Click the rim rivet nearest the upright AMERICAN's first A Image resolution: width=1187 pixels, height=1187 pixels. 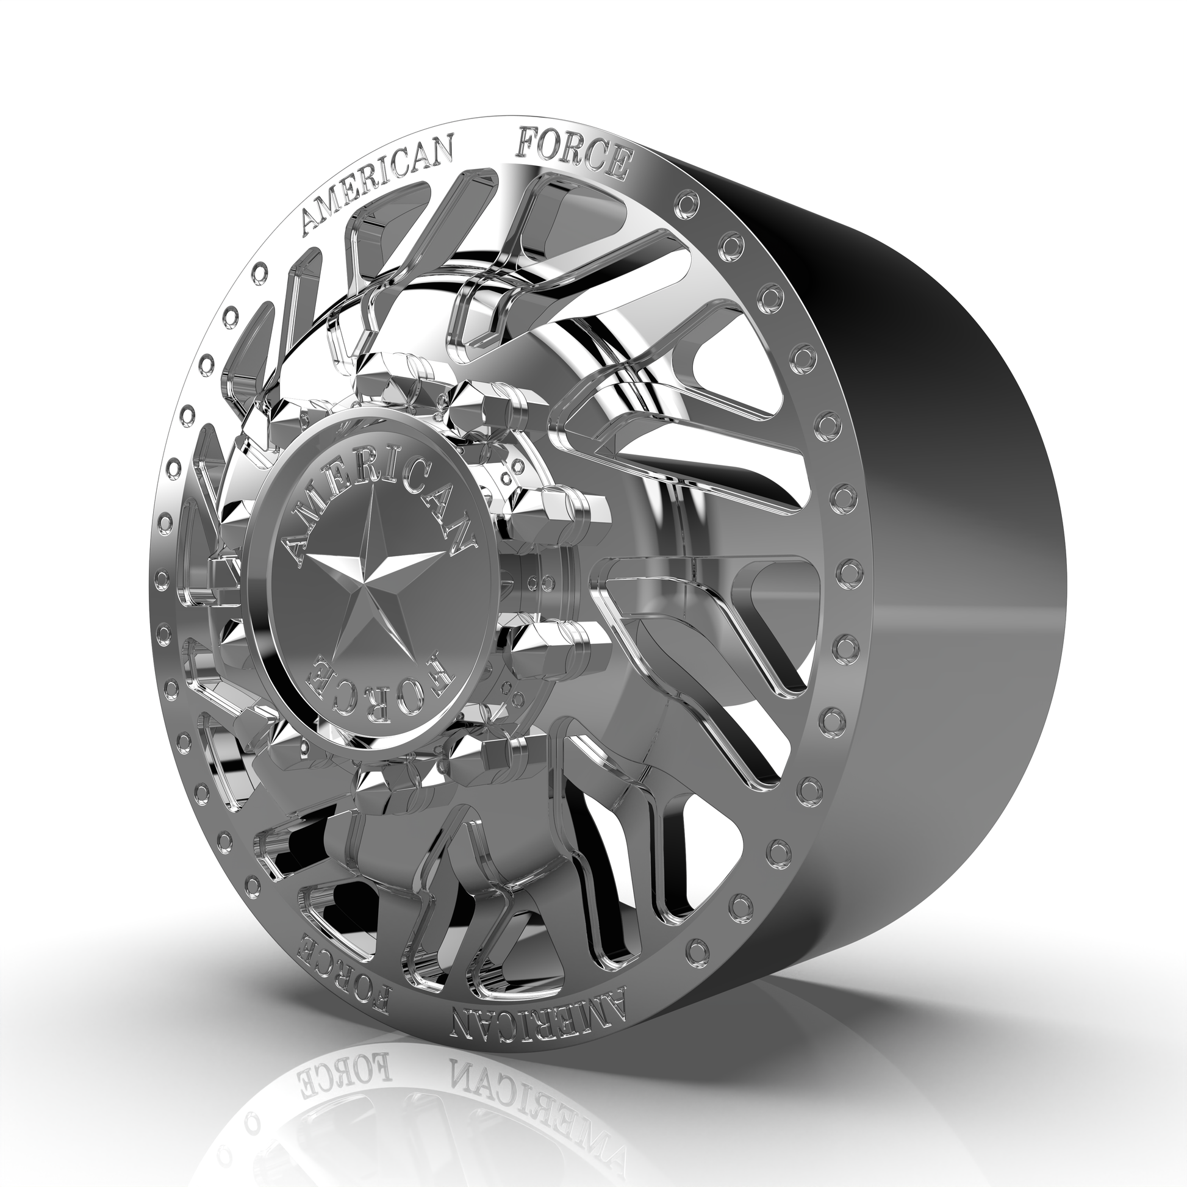(262, 270)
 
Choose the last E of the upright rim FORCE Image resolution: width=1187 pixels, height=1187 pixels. (617, 163)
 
